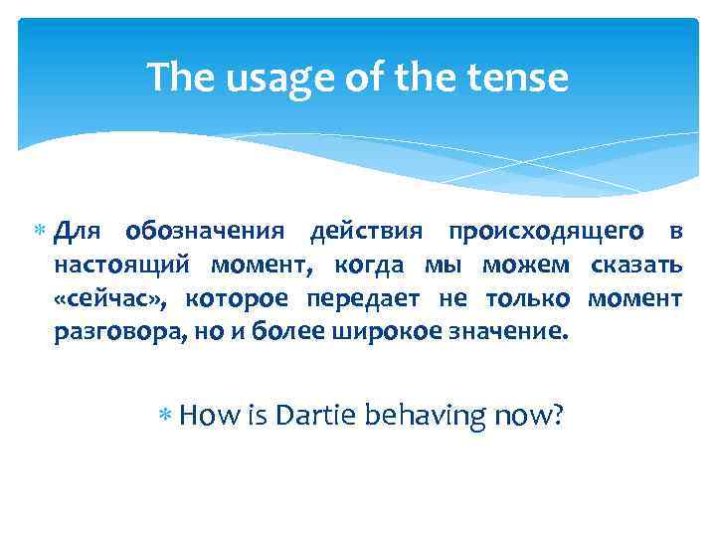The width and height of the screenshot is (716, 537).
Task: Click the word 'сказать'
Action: click(635, 266)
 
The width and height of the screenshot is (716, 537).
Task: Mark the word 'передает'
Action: click(366, 298)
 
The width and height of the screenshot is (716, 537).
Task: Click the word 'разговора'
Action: click(116, 331)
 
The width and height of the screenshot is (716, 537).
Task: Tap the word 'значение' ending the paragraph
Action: click(508, 331)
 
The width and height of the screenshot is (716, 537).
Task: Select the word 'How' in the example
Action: click(206, 413)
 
